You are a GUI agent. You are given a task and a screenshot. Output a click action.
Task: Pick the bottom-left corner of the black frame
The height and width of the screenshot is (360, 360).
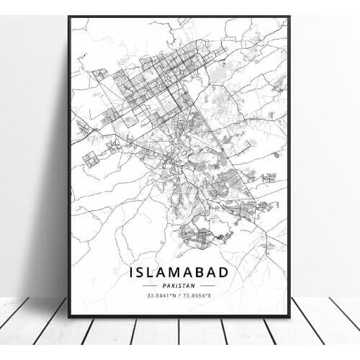70,317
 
